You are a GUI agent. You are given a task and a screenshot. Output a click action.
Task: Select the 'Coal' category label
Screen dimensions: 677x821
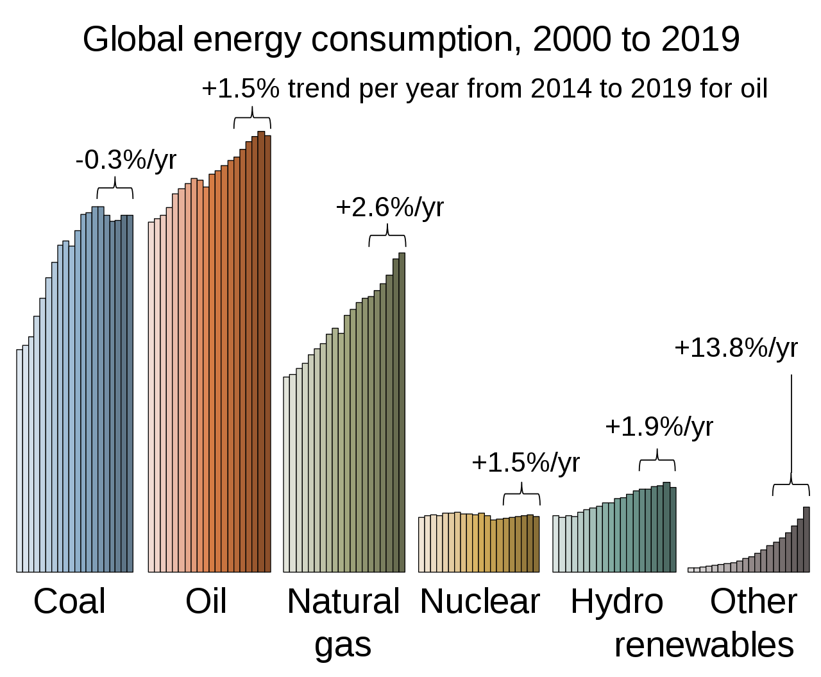(69, 602)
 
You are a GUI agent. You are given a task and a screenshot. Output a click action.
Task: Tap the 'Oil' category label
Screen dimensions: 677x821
(206, 602)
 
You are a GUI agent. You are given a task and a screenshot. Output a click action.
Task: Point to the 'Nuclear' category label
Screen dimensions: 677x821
(480, 602)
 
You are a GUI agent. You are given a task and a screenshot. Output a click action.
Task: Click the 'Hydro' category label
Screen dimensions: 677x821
(616, 602)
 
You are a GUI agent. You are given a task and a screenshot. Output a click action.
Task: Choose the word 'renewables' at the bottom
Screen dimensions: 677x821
(704, 645)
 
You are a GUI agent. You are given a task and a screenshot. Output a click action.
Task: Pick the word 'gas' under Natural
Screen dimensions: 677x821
(343, 646)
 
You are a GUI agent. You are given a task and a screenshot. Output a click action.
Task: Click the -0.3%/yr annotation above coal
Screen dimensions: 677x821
(126, 160)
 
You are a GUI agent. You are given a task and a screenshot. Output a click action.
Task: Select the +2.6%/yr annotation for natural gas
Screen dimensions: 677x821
(389, 207)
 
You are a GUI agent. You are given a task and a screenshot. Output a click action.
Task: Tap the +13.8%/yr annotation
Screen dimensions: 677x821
(736, 348)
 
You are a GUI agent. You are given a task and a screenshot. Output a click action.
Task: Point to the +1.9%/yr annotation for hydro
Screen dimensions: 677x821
(659, 427)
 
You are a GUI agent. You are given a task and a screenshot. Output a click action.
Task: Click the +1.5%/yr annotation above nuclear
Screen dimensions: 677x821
(525, 463)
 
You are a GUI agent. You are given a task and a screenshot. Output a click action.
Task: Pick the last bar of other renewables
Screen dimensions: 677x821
(806, 539)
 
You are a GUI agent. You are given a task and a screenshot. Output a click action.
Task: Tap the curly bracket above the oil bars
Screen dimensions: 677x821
(252, 117)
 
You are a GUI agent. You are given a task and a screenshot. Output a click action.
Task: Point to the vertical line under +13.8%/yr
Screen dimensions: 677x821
(791, 424)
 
